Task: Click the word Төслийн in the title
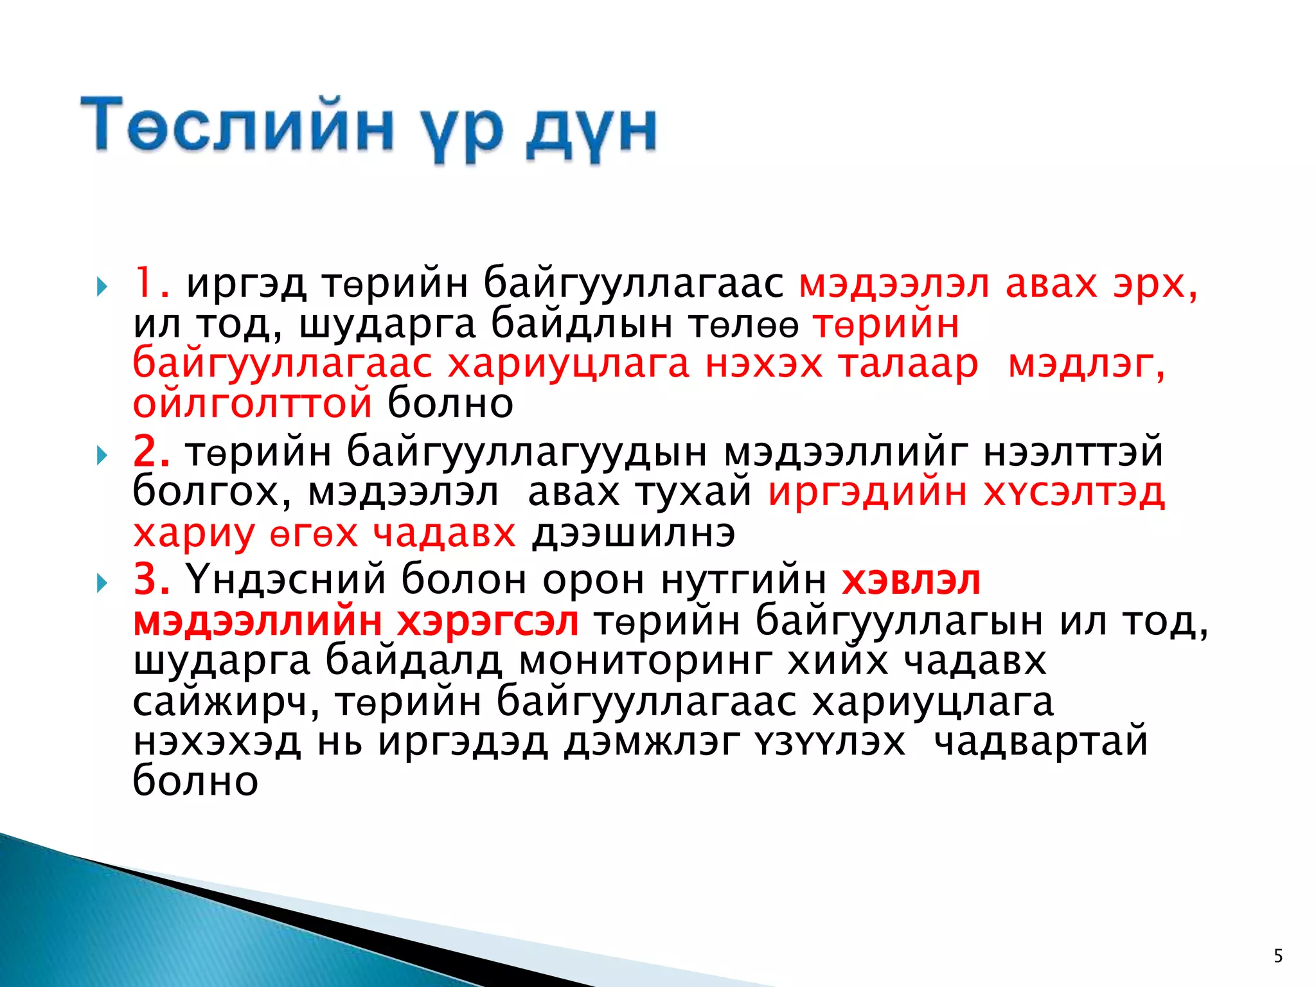(236, 125)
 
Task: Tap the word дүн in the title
(591, 129)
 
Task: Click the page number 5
(1278, 956)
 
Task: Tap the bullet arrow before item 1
(102, 287)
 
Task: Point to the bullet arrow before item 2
(102, 456)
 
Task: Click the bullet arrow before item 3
(102, 583)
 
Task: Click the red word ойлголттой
(253, 404)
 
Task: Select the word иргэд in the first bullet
(246, 284)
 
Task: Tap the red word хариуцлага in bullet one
(568, 364)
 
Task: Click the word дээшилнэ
(633, 533)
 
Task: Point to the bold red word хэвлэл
(911, 580)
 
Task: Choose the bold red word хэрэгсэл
(488, 622)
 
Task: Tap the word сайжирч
(226, 702)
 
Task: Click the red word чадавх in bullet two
(444, 533)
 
